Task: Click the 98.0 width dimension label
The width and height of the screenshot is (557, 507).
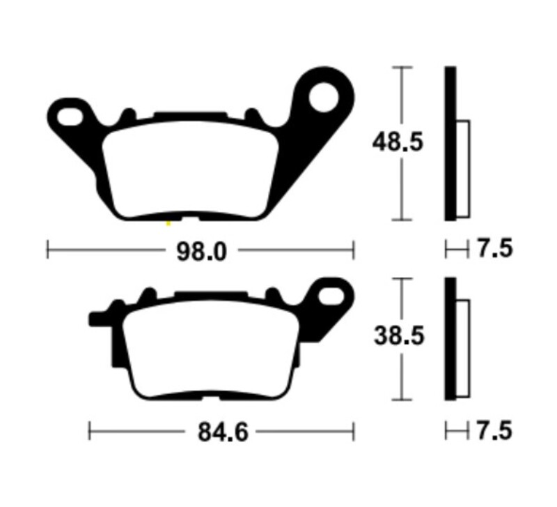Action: click(x=201, y=252)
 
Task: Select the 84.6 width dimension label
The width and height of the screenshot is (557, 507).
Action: click(x=223, y=432)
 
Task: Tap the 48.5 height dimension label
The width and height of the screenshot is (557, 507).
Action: click(x=398, y=142)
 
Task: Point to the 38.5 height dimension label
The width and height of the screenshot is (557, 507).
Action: click(x=399, y=336)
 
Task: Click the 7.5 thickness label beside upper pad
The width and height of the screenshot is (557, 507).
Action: click(x=495, y=248)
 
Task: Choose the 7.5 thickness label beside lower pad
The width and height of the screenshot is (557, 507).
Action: click(x=494, y=431)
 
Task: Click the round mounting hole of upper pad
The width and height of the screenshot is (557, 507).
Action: click(x=324, y=97)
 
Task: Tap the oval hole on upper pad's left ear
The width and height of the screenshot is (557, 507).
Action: click(x=70, y=116)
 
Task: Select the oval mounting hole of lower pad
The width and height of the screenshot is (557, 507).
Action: click(x=331, y=295)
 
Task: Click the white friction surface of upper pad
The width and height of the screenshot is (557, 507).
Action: click(x=190, y=169)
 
